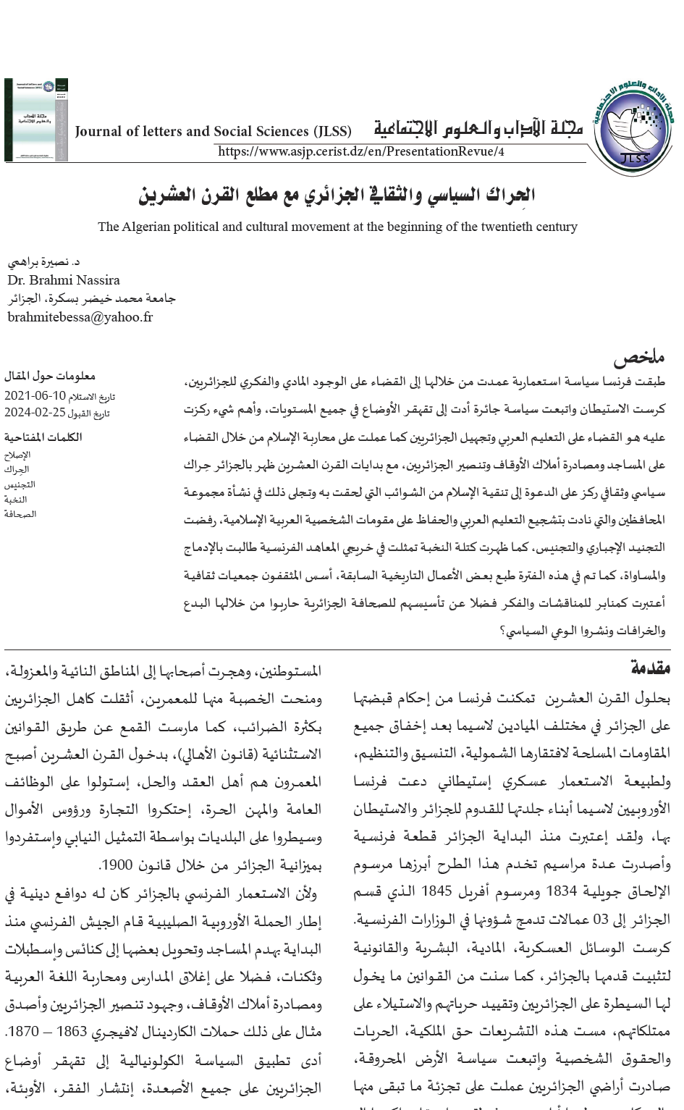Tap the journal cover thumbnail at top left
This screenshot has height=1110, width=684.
point(36,119)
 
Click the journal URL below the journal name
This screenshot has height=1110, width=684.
point(360,151)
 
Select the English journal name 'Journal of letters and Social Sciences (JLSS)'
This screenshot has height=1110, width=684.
point(213,131)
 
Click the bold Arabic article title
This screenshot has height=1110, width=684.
point(337,194)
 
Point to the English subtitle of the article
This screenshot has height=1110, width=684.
point(337,227)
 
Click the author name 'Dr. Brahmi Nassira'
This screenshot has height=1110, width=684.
point(64,280)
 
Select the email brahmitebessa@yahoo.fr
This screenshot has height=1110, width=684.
point(80,316)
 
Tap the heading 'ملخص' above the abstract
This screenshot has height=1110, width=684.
point(638,358)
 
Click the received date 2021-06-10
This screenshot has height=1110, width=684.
point(35,396)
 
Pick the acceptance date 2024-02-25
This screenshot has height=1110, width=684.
point(35,413)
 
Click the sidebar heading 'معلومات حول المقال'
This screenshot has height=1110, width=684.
point(50,376)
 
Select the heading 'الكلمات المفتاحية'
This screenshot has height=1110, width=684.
point(43,437)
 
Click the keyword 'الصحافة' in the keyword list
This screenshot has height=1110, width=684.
point(20,514)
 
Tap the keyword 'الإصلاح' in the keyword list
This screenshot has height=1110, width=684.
point(18,455)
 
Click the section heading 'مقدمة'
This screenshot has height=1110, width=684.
point(651,668)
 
